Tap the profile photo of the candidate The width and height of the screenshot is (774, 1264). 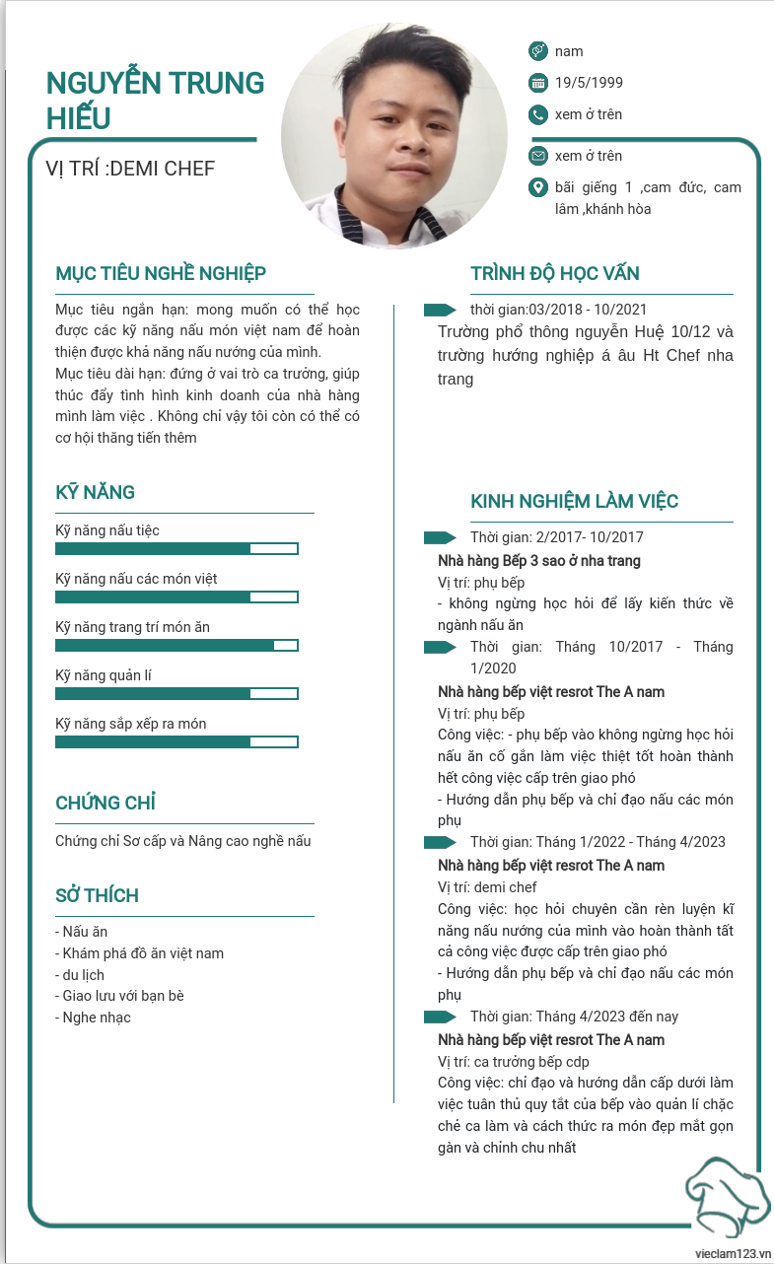[394, 136]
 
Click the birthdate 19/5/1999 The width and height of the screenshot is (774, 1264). [589, 83]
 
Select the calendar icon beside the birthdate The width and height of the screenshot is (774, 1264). [537, 83]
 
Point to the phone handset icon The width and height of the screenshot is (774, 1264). [537, 114]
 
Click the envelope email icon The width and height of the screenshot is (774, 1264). [537, 156]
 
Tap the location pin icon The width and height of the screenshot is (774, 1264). [537, 187]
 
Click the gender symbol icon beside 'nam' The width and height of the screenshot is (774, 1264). [537, 50]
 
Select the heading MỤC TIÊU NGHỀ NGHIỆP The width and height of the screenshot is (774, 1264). [161, 273]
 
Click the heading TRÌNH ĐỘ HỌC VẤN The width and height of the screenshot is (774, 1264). [569, 273]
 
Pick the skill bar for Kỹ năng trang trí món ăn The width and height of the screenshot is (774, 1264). [176, 645]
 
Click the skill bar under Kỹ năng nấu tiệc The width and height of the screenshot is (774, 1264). [176, 548]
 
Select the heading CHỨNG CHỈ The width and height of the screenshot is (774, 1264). [106, 803]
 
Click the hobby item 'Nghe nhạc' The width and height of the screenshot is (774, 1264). [96, 1018]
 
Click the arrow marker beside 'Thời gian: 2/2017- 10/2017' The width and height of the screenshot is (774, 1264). [440, 537]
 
